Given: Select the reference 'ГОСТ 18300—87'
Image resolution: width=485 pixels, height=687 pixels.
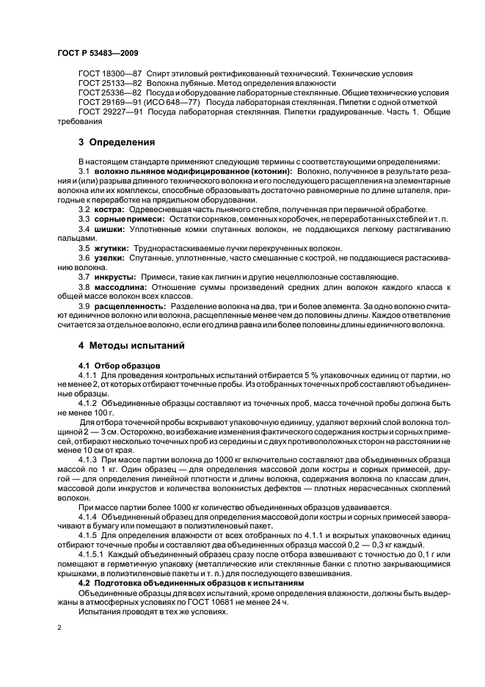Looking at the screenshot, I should point(110,74).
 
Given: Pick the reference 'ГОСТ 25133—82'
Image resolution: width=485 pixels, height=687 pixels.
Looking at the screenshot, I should point(110,84).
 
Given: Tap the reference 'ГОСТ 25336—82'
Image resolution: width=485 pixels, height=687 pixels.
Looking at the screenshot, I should point(110,93).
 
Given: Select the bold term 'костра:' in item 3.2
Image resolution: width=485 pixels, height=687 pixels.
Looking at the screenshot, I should point(109,209).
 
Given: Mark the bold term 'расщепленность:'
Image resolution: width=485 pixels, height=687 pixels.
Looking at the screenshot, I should point(128,306).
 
